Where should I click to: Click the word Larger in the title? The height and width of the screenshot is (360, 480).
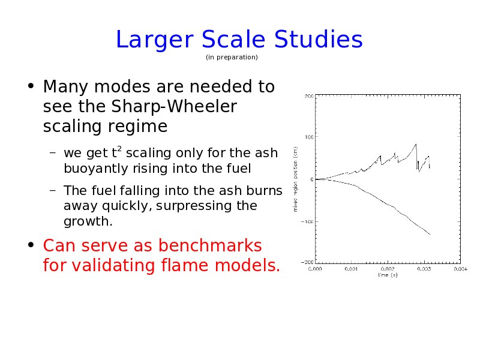(155, 40)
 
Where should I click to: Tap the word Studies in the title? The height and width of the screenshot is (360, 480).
(319, 39)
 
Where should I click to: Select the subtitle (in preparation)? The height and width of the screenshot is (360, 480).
(232, 57)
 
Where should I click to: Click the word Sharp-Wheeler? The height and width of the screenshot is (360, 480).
(174, 107)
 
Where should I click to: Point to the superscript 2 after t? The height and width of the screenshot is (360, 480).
(119, 149)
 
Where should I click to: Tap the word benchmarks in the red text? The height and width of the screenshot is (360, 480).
(210, 245)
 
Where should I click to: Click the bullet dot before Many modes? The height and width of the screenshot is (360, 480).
(31, 86)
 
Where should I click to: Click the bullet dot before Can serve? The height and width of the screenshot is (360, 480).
(31, 245)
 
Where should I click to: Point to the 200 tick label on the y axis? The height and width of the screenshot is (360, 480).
(309, 96)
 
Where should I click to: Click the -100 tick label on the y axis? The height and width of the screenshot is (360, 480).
(307, 221)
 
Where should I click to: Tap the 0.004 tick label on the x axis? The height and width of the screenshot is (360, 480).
(460, 269)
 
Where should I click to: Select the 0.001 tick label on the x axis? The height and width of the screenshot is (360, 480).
(351, 269)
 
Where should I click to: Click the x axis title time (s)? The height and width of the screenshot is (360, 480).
(388, 275)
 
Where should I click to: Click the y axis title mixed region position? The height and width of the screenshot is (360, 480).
(295, 179)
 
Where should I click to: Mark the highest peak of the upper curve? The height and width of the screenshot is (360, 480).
(416, 144)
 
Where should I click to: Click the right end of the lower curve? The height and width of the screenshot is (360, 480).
(430, 235)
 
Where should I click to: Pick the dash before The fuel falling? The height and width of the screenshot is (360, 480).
(53, 190)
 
